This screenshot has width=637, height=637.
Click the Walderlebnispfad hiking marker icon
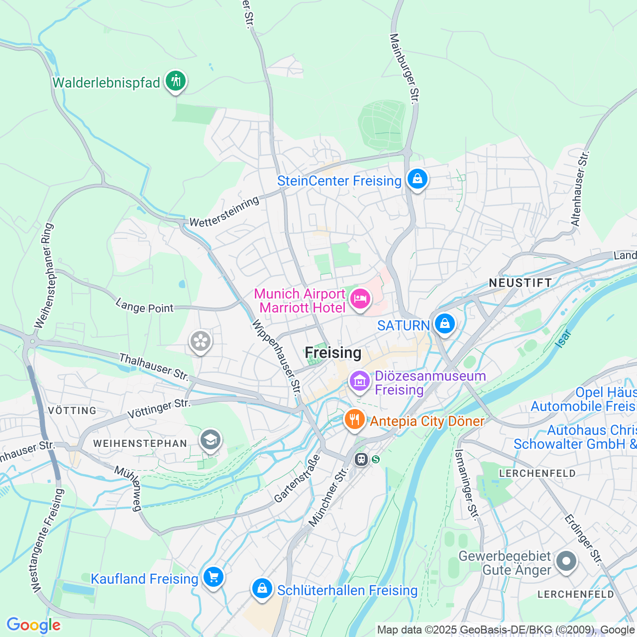(175, 81)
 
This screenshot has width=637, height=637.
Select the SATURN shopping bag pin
(444, 324)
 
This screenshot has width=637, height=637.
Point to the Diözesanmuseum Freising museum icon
(359, 381)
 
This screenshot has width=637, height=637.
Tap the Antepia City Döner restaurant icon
(354, 420)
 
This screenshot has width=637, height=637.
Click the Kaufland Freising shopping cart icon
(213, 577)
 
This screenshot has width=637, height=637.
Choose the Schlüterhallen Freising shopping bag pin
(262, 589)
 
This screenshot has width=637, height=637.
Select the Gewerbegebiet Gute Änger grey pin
(566, 561)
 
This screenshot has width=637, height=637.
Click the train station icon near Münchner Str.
(361, 459)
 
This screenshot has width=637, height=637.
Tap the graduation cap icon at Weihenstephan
(211, 440)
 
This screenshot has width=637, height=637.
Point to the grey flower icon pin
(201, 341)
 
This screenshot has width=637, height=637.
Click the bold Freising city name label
(333, 353)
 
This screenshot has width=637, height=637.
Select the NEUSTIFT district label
(520, 283)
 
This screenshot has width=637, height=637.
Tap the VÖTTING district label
(73, 411)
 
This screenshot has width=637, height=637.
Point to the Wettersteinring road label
(224, 212)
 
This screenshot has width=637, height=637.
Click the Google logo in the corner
(33, 625)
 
